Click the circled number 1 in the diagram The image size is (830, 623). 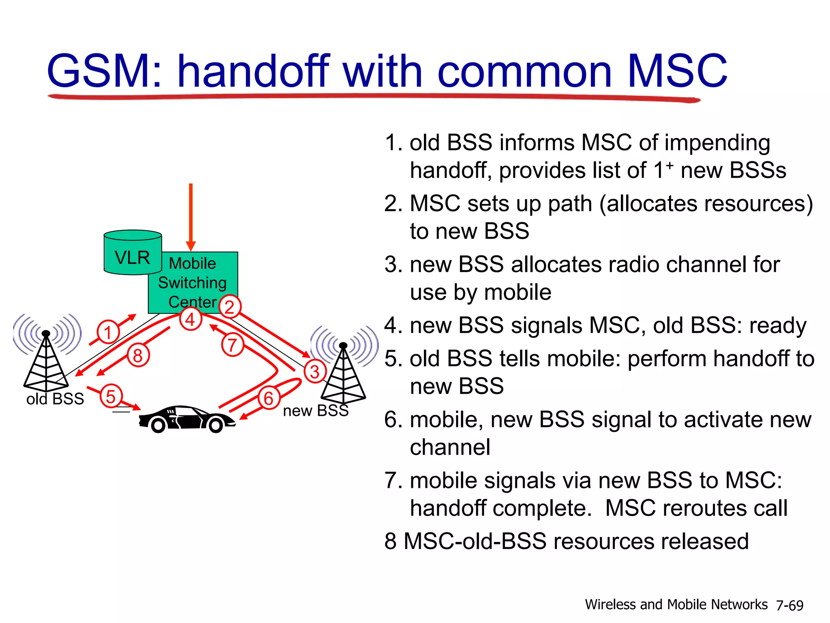point(108,332)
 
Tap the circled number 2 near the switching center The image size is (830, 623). point(230,307)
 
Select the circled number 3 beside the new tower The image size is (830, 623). point(315,372)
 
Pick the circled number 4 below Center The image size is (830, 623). point(190,319)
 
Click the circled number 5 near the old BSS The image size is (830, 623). point(111,396)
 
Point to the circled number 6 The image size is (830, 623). point(269,398)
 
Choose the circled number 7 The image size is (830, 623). point(232,345)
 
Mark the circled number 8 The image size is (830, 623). point(138,356)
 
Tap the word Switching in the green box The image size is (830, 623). point(192,283)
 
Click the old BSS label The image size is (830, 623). point(55,399)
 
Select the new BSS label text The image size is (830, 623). point(316,411)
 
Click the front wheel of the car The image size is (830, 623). point(216,425)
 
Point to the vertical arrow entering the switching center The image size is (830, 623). point(190,215)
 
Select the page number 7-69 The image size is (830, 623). point(789,605)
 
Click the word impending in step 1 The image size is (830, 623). point(717,143)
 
